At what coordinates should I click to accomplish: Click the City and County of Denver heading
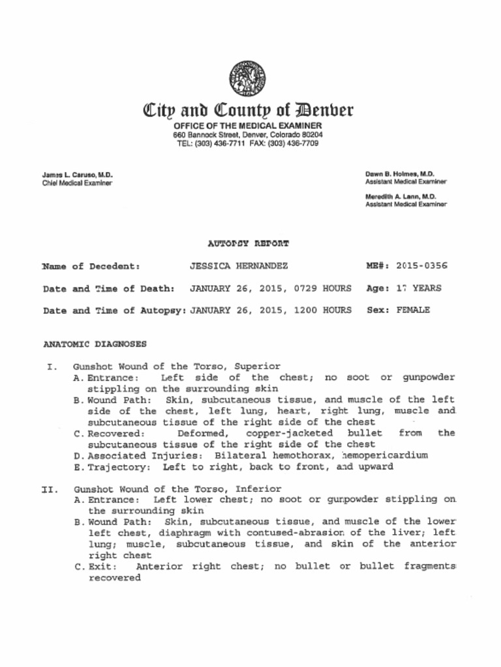pos(248,110)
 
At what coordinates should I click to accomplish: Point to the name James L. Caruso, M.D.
pos(78,175)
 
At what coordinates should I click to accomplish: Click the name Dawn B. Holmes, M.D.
pos(400,174)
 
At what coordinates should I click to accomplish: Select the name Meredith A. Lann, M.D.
pos(401,196)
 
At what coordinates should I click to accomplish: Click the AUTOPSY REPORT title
pos(248,244)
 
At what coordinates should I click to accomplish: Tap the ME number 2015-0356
pos(421,266)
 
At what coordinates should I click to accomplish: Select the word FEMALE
pos(413,310)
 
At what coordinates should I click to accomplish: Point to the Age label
pos(378,288)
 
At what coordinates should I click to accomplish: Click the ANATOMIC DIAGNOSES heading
pos(95,343)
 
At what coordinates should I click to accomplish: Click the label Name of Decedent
pos(91,266)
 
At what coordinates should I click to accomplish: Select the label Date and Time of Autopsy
pos(114,310)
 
